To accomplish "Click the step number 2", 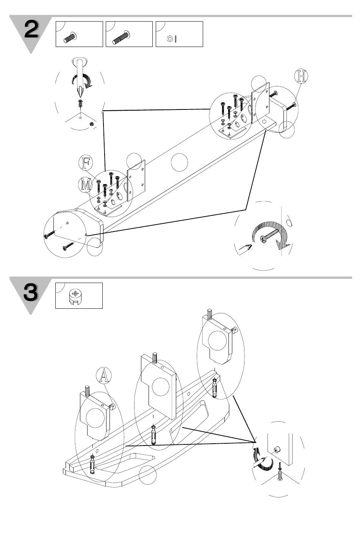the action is point(31,29).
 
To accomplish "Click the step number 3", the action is point(31,292).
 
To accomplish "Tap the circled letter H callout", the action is point(301,76).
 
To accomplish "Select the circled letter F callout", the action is point(86,163).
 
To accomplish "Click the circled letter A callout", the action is point(104,375).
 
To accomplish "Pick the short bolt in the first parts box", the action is point(70,38).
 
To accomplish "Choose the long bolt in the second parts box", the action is point(121,38).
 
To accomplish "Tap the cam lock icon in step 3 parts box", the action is point(75,297).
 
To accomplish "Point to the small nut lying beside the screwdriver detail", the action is point(91,124).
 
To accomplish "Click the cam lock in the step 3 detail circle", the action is point(278,449).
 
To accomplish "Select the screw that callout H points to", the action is point(291,106).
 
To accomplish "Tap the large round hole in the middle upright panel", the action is point(160,387).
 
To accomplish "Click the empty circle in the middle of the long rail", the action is point(179,162).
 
